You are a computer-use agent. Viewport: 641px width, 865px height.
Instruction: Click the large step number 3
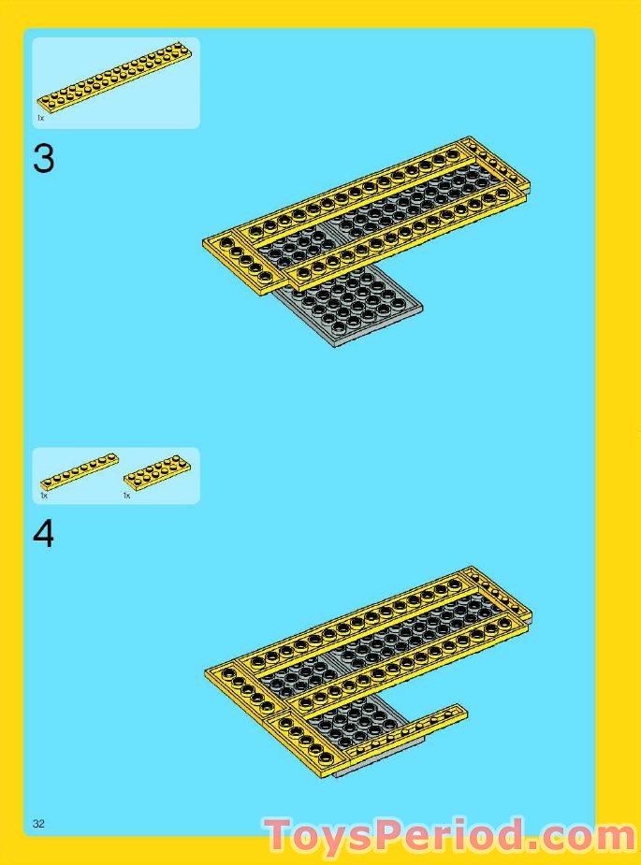43,159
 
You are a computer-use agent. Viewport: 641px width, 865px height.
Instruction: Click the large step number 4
43,534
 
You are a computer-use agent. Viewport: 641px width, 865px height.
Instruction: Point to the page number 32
38,824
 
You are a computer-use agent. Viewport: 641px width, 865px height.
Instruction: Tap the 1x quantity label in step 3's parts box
40,119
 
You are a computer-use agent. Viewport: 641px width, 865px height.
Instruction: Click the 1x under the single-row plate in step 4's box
43,496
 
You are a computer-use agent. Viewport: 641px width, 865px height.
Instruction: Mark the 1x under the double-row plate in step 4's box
126,496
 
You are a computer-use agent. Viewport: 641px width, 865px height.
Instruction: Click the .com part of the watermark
580,835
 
